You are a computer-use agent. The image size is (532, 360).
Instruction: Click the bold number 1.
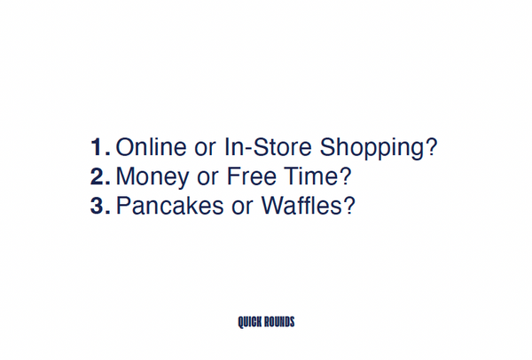[97, 147]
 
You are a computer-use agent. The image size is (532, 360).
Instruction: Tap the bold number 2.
[97, 176]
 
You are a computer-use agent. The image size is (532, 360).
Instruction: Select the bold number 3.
[97, 206]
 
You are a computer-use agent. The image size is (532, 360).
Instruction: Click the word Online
[152, 146]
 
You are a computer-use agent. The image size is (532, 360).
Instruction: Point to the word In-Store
[268, 146]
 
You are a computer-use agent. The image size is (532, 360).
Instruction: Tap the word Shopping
[372, 149]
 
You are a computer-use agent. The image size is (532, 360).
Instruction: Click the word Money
[153, 177]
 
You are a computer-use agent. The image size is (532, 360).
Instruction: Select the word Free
[252, 176]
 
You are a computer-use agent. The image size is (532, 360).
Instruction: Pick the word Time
[311, 176]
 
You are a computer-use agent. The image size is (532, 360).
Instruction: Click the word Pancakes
[170, 206]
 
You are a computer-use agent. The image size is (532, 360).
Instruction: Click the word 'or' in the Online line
[206, 149]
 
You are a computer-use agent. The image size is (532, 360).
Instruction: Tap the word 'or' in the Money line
[207, 178]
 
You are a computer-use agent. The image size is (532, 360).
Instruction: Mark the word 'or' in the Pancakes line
[243, 208]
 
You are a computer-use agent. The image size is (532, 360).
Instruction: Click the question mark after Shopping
[432, 146]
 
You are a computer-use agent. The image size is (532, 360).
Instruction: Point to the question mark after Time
[345, 176]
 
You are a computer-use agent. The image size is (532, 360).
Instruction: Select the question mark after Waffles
[349, 206]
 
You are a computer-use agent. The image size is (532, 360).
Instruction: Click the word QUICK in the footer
[249, 322]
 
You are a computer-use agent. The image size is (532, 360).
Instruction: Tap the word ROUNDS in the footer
[279, 322]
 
